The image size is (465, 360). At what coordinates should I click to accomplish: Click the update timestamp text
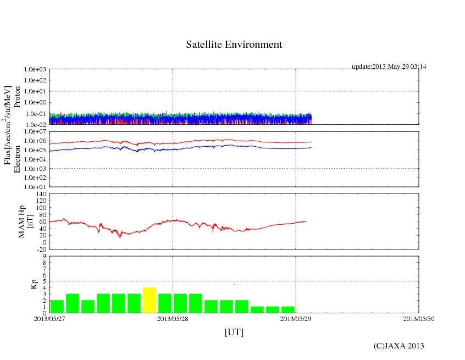(x=389, y=67)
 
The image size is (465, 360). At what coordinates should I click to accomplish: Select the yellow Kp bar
(x=150, y=300)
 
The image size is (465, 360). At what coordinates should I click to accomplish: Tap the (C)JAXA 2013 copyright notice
(x=399, y=346)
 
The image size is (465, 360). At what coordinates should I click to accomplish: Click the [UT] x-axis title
(x=234, y=333)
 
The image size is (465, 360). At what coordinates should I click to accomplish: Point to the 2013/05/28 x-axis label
(x=173, y=318)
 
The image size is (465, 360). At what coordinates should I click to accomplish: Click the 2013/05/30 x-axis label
(x=419, y=318)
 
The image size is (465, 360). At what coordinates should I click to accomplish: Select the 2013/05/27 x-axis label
(x=49, y=318)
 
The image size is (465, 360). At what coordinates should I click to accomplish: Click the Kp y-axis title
(x=32, y=285)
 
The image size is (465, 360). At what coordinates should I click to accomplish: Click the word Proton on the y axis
(x=17, y=97)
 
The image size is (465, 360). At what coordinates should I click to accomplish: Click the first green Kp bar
(x=57, y=306)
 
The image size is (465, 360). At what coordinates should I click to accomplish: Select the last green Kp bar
(x=287, y=309)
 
